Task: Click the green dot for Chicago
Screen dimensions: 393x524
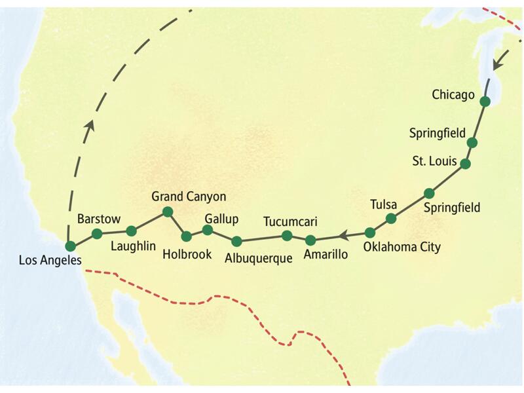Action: point(485,102)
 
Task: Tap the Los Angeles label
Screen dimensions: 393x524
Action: point(50,260)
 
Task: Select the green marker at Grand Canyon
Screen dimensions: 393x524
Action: point(167,211)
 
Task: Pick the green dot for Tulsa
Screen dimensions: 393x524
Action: point(391,218)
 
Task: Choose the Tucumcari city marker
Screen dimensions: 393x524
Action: point(286,236)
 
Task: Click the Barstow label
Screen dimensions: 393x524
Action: point(96,218)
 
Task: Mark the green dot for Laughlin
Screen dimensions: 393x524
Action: point(131,231)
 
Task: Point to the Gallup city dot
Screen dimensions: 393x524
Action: point(208,230)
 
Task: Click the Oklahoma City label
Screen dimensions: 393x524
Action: point(402,248)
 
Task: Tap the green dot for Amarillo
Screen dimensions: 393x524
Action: point(310,240)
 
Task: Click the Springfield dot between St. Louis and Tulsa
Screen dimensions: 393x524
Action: point(429,193)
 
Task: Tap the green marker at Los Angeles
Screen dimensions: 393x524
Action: point(70,246)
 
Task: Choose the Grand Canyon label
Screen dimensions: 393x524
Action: point(189,196)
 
